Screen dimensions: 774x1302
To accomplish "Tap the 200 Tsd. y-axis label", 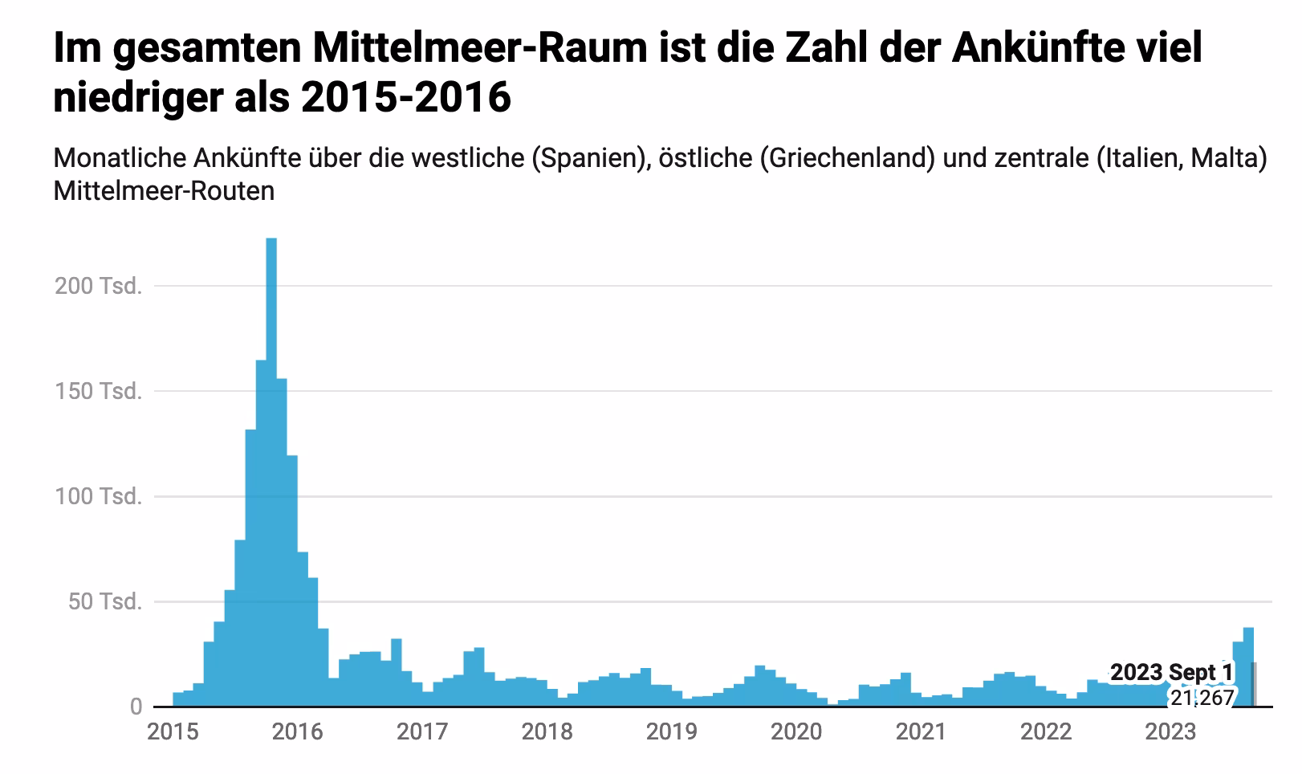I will [x=98, y=286].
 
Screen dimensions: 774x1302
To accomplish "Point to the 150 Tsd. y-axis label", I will [x=98, y=391].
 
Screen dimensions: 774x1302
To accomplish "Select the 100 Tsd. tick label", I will [x=98, y=496].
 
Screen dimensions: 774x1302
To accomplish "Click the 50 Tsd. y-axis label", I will [x=104, y=601].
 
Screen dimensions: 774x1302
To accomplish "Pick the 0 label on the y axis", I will [x=136, y=707].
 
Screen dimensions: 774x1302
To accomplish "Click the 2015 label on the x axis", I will [x=173, y=731].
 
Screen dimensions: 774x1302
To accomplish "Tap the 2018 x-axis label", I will [x=547, y=731].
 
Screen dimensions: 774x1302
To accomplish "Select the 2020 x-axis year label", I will [x=796, y=731].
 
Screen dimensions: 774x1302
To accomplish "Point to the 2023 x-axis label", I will [x=1170, y=731].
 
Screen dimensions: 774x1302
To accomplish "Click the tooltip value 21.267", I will [x=1201, y=698].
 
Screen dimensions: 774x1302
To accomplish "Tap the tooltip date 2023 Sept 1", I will [x=1171, y=672].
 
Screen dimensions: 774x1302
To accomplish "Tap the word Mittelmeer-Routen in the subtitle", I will [x=164, y=191].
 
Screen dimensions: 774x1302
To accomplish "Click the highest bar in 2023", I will [x=1248, y=666].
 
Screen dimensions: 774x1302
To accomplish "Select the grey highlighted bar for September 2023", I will [x=1255, y=685].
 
